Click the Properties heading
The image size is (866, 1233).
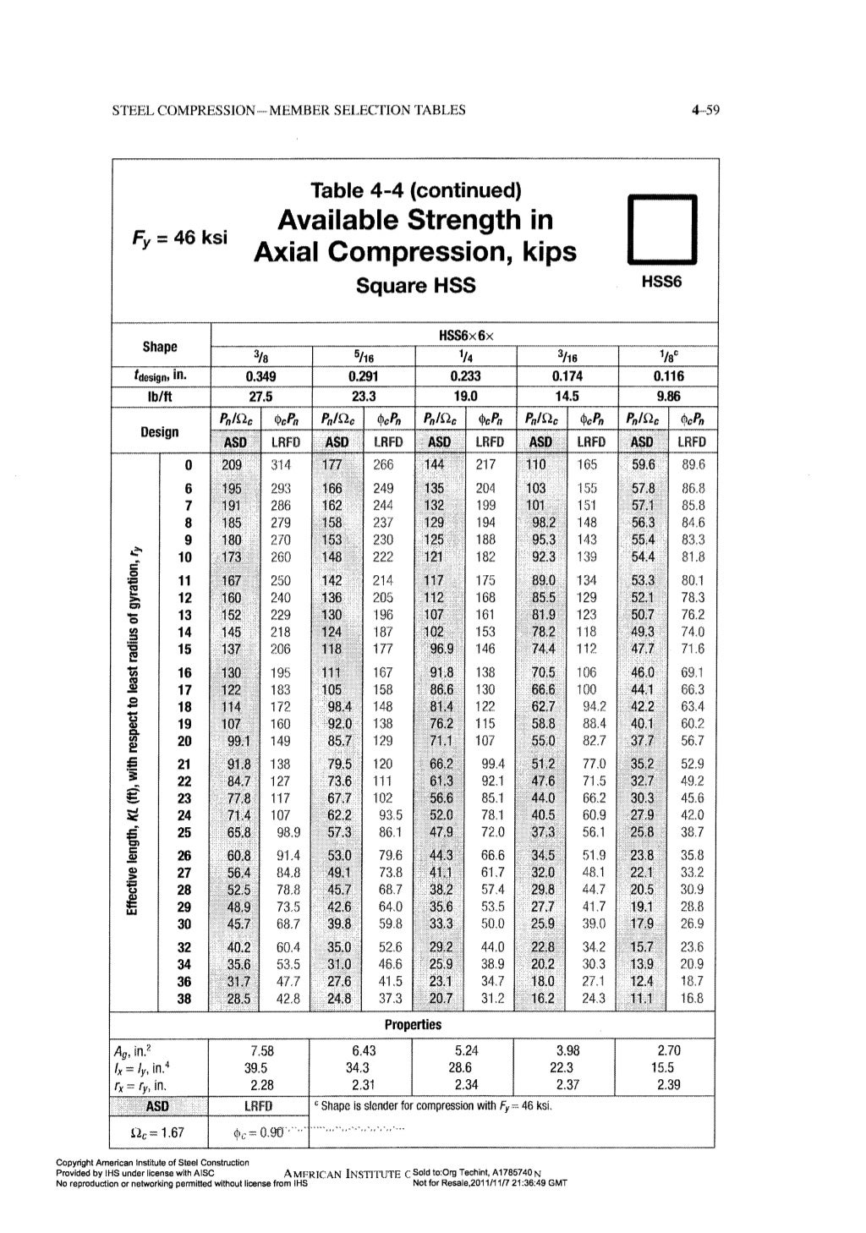[413, 1025]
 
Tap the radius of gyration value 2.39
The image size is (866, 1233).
[667, 1084]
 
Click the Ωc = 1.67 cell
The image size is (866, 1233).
[161, 1132]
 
